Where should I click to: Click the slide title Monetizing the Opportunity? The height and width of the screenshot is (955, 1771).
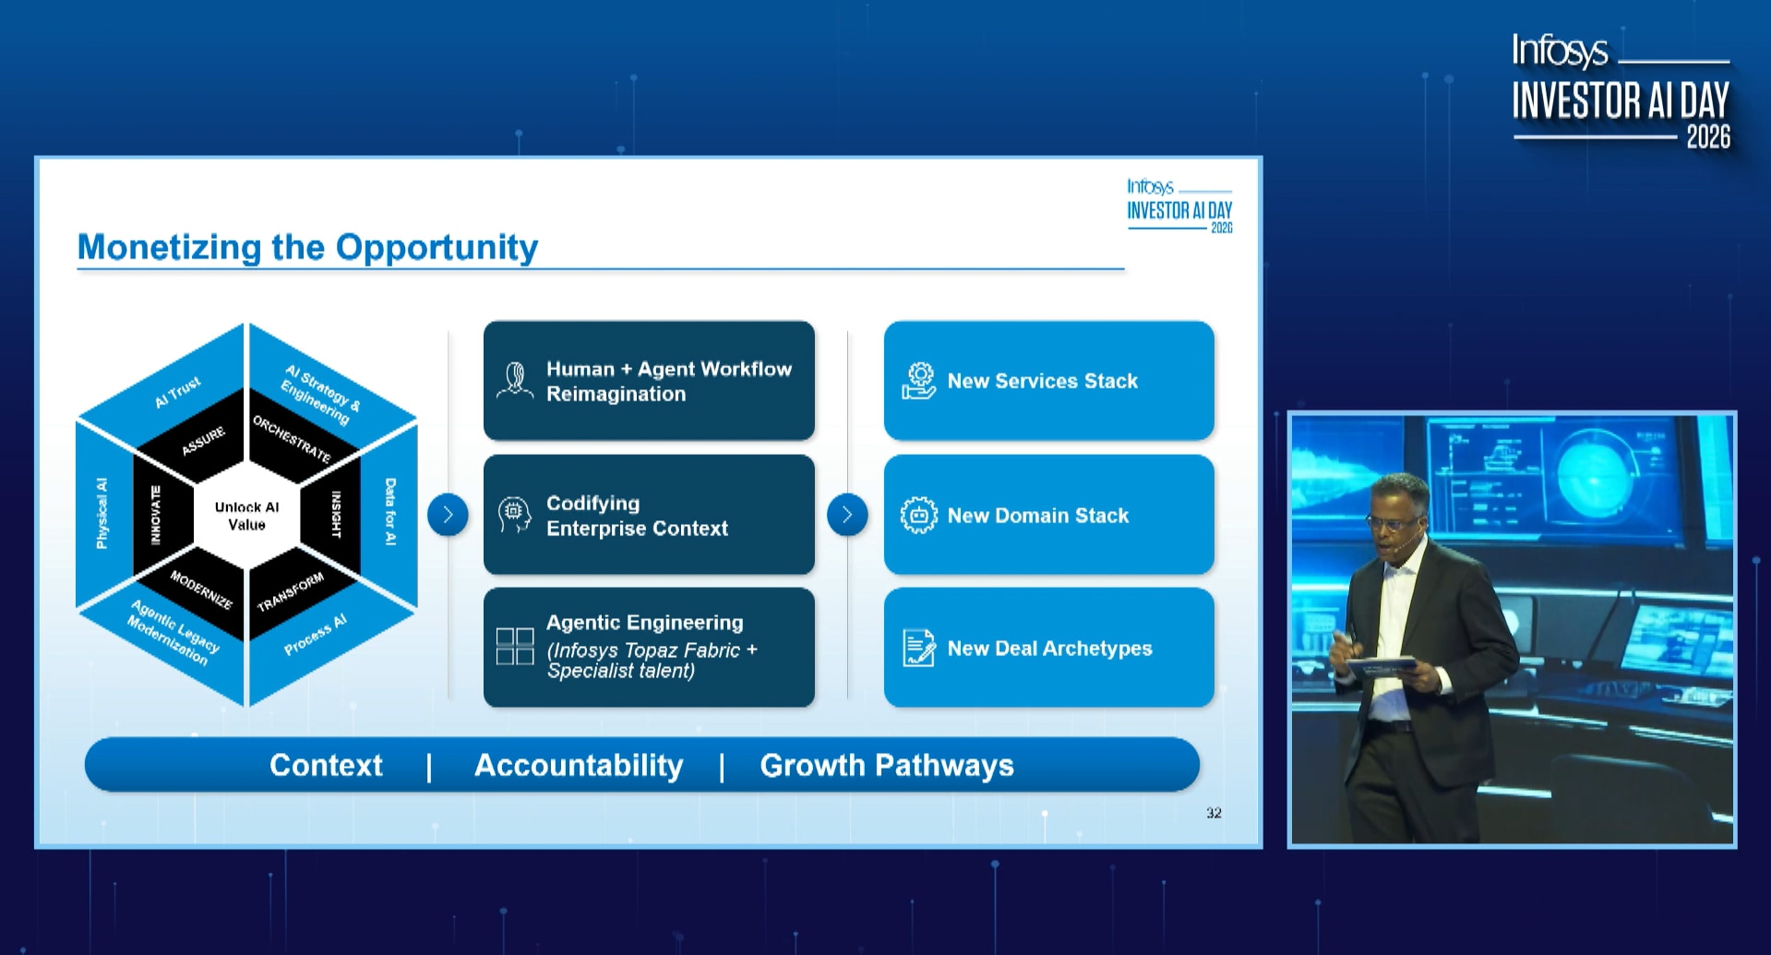[307, 247]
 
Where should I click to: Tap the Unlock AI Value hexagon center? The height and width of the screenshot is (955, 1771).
[246, 516]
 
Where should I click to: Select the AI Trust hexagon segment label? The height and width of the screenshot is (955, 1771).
[178, 392]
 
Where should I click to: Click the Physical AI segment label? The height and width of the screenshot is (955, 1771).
[102, 513]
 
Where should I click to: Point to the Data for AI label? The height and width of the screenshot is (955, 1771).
[390, 511]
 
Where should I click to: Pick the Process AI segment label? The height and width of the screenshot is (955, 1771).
[316, 635]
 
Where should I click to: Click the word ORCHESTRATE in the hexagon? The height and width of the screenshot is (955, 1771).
[292, 439]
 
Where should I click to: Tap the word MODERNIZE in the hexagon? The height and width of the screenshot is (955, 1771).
[201, 590]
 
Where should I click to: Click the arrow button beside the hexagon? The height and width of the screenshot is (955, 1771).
[448, 515]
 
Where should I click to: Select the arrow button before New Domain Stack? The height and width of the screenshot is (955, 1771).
[847, 515]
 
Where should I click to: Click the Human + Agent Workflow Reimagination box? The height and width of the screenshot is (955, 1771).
[649, 381]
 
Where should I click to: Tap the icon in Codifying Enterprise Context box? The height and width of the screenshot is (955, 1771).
[514, 515]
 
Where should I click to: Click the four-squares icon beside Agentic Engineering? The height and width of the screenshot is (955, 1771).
[515, 647]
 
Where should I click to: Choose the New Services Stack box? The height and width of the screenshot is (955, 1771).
[1048, 381]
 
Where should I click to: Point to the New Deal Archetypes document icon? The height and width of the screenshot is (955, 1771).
[919, 648]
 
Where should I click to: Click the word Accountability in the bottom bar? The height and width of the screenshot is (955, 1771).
[579, 765]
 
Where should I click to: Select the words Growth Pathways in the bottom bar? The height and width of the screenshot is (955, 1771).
[887, 765]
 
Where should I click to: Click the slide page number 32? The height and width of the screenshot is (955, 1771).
[1214, 813]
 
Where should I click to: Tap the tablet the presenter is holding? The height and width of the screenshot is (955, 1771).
[1381, 663]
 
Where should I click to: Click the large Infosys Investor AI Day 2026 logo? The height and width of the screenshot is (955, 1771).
[1621, 91]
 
